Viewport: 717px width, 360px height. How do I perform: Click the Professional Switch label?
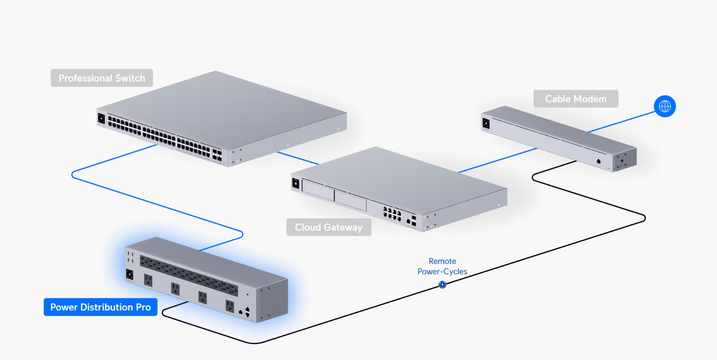[102, 78]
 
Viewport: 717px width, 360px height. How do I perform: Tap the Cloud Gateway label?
[329, 227]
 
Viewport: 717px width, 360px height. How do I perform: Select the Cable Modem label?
[576, 99]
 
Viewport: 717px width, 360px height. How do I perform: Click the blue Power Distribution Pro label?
[101, 307]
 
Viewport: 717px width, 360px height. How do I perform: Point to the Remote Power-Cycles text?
[442, 266]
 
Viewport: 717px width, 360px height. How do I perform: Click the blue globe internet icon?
[665, 106]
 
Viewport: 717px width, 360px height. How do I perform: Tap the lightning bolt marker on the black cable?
[443, 285]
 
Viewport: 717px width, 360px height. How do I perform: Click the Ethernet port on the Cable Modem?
[599, 161]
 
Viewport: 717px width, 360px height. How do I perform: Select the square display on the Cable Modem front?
[487, 122]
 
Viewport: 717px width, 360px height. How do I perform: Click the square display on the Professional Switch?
[101, 118]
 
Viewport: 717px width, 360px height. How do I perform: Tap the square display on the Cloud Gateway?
[296, 183]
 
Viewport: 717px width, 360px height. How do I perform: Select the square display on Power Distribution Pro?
[129, 275]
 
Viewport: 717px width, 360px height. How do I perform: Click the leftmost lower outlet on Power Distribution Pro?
[148, 279]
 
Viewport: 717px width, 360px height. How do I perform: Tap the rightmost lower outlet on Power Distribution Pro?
[230, 305]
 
